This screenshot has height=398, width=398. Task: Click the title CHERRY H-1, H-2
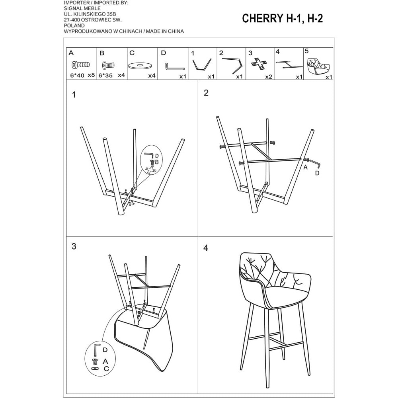point(282,19)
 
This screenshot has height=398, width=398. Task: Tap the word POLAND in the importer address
point(74,25)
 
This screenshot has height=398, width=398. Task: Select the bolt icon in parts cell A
point(80,65)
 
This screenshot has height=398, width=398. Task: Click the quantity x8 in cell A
point(91,75)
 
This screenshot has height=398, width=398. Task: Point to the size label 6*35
point(105,75)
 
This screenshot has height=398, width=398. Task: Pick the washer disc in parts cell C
point(140,66)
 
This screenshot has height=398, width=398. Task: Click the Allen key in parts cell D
point(175,67)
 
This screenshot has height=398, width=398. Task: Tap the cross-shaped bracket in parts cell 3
point(259,64)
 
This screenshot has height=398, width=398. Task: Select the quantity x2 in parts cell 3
point(269,77)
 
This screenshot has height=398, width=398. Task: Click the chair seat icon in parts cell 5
point(318,65)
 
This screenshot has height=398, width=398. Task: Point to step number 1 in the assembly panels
point(74,95)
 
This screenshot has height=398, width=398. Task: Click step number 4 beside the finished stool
point(206,248)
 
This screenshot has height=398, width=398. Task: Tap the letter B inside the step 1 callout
point(156,162)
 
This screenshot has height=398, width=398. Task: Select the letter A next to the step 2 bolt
point(305,167)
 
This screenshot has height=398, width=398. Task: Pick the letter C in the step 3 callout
point(106,369)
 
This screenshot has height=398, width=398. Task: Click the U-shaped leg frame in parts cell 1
point(202,65)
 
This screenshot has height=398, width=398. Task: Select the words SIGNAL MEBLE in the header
point(82,8)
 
